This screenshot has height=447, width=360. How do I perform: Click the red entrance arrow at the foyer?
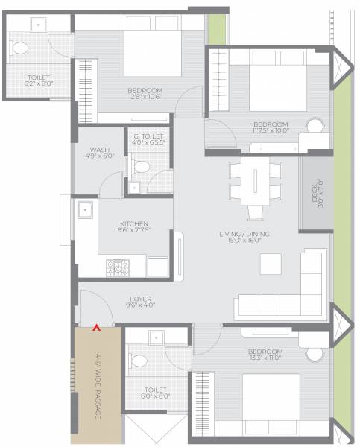tap(95, 325)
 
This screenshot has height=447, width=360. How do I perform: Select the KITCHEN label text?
tap(134, 223)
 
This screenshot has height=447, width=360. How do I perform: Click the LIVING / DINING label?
tap(244, 235)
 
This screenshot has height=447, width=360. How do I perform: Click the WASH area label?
tap(100, 150)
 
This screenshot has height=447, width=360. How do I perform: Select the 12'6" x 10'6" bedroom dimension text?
tap(145, 96)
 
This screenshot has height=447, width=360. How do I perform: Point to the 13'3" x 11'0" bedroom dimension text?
tap(265, 358)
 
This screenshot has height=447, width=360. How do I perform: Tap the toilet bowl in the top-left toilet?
tap(21, 50)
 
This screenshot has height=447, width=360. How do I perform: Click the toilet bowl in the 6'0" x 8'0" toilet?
tap(137, 361)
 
